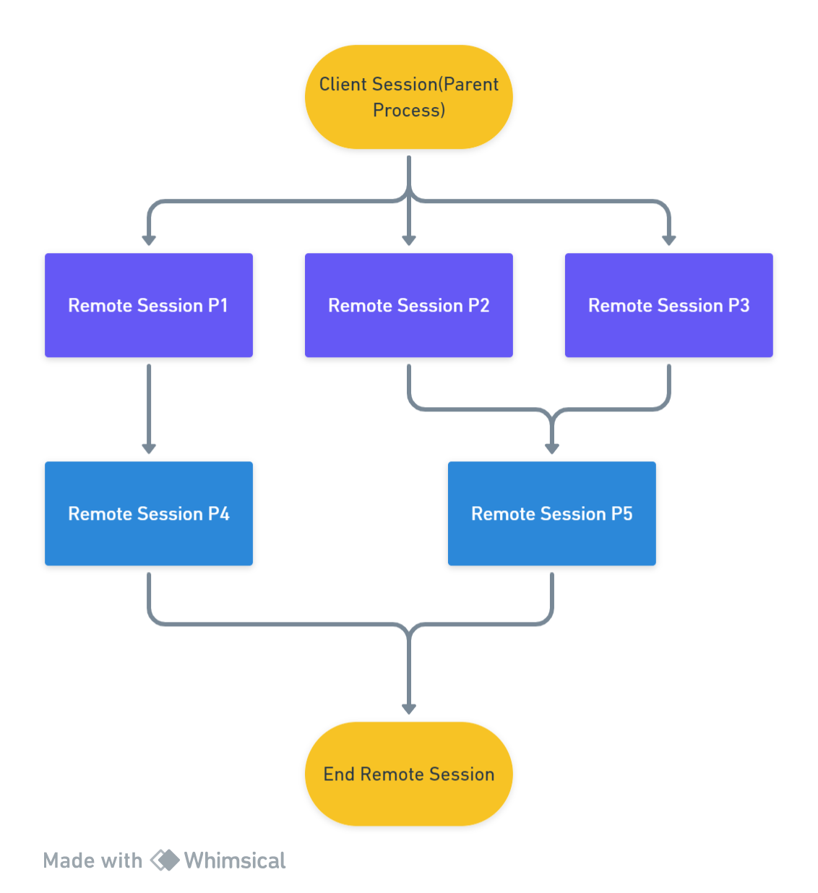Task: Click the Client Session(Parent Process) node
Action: pos(408,97)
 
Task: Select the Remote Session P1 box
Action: pos(149,305)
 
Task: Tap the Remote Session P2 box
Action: pos(408,305)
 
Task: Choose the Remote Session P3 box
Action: pos(668,305)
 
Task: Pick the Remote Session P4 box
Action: pos(149,513)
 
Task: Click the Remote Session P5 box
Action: pos(551,513)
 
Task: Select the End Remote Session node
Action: pos(408,774)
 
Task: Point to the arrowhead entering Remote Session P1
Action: pos(149,240)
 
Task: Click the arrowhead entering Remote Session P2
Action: pos(408,240)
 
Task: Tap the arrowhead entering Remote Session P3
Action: pos(668,240)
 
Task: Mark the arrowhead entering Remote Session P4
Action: pos(149,448)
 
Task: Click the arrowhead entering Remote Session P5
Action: pos(551,448)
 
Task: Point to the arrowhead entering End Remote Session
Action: pos(408,709)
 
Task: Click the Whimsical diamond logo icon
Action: pos(164,860)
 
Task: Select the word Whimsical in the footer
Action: pos(235,860)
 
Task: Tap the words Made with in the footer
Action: pos(92,860)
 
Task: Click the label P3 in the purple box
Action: pos(739,305)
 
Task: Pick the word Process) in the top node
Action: pos(408,110)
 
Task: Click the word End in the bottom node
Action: pos(339,774)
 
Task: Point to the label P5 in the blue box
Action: pos(621,513)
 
